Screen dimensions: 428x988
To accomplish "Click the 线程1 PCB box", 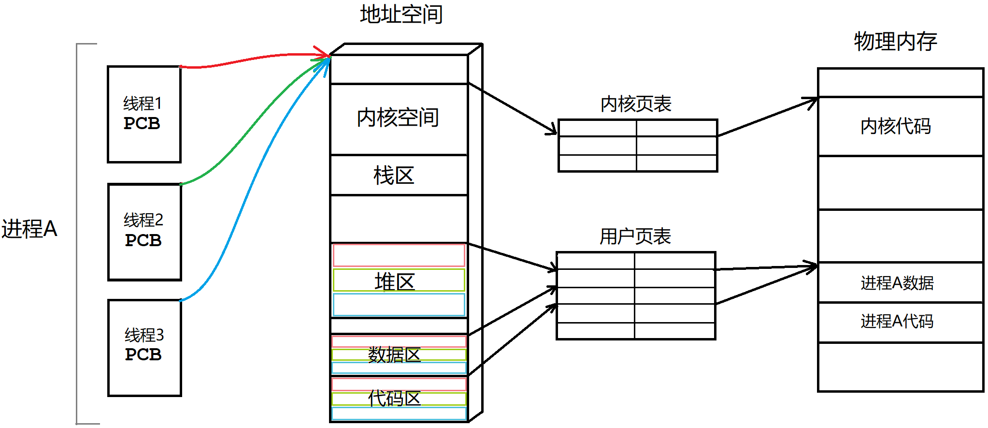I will [144, 114].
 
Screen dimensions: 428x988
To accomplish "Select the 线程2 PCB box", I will [144, 232].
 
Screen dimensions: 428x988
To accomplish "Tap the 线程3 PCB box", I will [144, 347].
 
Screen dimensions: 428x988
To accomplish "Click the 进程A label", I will [29, 229].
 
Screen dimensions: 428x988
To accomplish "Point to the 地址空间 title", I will [401, 14].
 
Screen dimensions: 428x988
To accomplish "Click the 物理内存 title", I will [895, 41].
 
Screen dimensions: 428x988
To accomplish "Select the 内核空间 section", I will [398, 118].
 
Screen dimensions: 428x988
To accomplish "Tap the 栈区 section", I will [394, 175].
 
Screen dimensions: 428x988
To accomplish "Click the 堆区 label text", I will [395, 281].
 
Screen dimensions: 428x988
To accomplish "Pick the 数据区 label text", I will [394, 354].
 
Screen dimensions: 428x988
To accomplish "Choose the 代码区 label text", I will [394, 398].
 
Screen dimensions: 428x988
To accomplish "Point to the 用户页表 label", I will [635, 236].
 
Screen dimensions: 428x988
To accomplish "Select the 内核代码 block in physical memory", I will [896, 126].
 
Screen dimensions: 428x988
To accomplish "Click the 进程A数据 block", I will [897, 283].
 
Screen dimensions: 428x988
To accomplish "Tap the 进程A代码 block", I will [897, 321].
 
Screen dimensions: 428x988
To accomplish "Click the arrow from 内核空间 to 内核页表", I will [512, 108].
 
